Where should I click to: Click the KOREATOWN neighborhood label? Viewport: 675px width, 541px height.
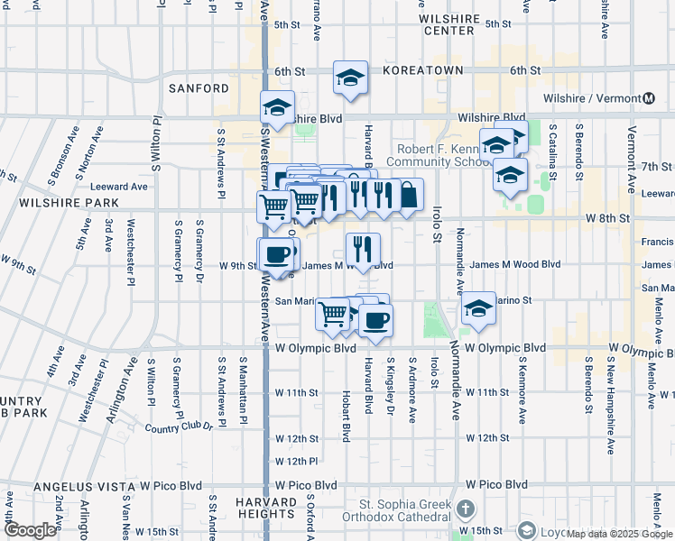point(422,70)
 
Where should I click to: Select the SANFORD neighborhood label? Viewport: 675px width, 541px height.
point(199,88)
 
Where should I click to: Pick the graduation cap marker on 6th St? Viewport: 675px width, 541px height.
point(350,78)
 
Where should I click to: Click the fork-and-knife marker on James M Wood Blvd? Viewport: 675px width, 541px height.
point(363,250)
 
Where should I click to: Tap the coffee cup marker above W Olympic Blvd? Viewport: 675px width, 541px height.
point(375,319)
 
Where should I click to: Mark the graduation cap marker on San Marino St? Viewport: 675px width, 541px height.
point(477,309)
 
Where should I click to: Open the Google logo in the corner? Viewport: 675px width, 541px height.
point(30,530)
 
